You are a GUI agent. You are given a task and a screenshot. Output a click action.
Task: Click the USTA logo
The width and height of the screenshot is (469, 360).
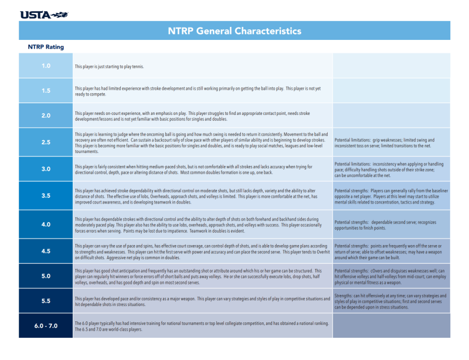pyautogui.click(x=44, y=14)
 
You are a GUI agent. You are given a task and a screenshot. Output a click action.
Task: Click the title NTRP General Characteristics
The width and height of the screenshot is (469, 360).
pyautogui.click(x=235, y=31)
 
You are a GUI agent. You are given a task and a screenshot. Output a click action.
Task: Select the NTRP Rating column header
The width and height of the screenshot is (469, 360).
pyautogui.click(x=46, y=47)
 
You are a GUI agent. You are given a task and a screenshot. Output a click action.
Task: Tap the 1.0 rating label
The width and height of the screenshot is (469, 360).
pyautogui.click(x=46, y=66)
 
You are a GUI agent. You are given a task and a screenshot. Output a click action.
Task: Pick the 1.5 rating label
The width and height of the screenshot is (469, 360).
pyautogui.click(x=46, y=91)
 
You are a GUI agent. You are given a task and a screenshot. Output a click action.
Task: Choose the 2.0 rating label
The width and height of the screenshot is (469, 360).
pyautogui.click(x=46, y=116)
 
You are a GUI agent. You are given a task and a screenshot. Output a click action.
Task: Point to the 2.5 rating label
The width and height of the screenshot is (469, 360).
pyautogui.click(x=46, y=142)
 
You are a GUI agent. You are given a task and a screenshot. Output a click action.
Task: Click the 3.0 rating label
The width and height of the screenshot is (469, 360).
pyautogui.click(x=46, y=169)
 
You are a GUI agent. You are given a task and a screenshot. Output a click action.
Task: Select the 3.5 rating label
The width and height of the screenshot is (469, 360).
pyautogui.click(x=46, y=196)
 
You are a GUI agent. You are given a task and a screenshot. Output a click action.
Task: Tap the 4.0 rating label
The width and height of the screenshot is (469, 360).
pyautogui.click(x=46, y=224)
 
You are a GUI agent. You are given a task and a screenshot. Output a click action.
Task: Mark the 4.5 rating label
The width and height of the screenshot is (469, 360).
pyautogui.click(x=46, y=251)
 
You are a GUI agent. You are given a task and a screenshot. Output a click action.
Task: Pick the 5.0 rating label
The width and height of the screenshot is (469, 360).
pyautogui.click(x=46, y=276)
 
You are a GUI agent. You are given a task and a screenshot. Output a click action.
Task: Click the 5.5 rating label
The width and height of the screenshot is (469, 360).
pyautogui.click(x=46, y=301)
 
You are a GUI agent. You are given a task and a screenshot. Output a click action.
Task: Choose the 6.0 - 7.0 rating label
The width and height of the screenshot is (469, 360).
pyautogui.click(x=46, y=325)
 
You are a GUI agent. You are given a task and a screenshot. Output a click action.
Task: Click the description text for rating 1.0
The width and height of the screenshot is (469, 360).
pyautogui.click(x=110, y=66)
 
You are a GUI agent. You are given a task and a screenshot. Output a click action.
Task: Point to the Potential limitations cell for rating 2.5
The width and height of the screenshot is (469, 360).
pyautogui.click(x=391, y=143)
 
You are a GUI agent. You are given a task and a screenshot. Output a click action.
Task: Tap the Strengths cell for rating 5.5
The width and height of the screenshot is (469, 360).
pyautogui.click(x=391, y=301)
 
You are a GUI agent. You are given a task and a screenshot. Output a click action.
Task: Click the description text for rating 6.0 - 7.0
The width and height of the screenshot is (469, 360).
pyautogui.click(x=202, y=326)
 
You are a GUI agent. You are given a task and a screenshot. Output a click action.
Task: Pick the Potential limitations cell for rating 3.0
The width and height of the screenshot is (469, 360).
pyautogui.click(x=391, y=169)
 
